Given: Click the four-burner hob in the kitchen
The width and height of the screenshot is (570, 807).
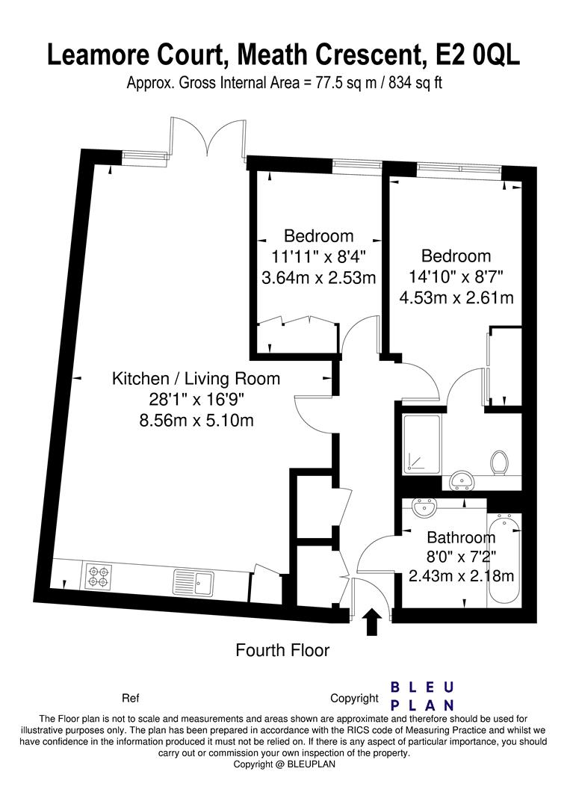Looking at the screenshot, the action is pyautogui.click(x=99, y=577).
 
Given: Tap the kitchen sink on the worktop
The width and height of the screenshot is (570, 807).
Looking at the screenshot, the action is pyautogui.click(x=193, y=582).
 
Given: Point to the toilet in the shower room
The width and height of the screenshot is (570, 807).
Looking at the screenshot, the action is pyautogui.click(x=498, y=463).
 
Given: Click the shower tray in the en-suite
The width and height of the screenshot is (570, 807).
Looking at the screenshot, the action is pyautogui.click(x=422, y=444).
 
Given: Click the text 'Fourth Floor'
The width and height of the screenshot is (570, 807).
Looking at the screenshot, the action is pyautogui.click(x=282, y=650).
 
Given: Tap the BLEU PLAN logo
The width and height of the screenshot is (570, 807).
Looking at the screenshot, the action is pyautogui.click(x=422, y=696).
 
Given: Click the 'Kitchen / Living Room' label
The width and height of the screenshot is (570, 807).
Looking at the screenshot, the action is pyautogui.click(x=196, y=379).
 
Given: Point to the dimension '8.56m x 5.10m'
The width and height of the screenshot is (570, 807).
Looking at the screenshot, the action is pyautogui.click(x=196, y=421).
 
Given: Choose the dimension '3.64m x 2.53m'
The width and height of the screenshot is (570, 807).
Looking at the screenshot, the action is pyautogui.click(x=319, y=278).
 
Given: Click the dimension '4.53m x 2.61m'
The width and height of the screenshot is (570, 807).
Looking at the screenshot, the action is pyautogui.click(x=456, y=297).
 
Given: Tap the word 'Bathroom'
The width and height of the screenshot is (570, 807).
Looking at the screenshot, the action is pyautogui.click(x=461, y=538).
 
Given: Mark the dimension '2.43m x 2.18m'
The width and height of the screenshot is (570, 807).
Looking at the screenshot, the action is pyautogui.click(x=461, y=575).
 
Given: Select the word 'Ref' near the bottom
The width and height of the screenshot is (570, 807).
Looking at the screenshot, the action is pyautogui.click(x=130, y=699).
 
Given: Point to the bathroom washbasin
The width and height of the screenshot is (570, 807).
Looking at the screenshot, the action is pyautogui.click(x=425, y=509).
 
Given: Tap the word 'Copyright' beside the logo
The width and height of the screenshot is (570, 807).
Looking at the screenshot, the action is pyautogui.click(x=354, y=699).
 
